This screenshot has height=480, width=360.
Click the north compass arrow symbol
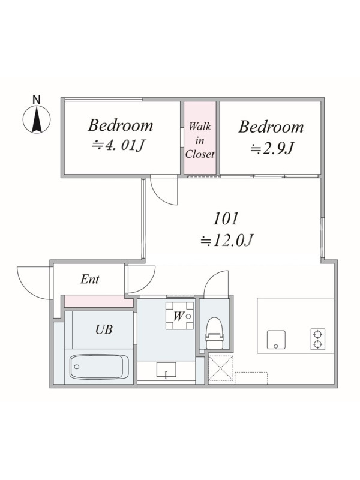coord(37,119)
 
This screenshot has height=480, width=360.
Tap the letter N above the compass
coord(37,100)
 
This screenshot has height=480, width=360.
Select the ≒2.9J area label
coord(272,149)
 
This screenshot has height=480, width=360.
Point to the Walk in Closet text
coord(200,140)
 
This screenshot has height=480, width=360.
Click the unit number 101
coord(226,219)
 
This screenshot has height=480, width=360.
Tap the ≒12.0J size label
coord(227,241)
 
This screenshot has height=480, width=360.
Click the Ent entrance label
coord(89,279)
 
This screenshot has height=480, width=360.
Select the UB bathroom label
coord(104,329)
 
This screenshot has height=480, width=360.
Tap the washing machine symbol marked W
coord(179,316)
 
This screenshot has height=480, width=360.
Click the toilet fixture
coord(214,333)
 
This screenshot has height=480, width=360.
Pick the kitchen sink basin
coord(276,340)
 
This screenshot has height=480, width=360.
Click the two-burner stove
coord(318,339)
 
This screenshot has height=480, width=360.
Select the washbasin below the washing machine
coord(166,370)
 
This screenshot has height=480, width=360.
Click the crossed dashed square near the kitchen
coord(221,368)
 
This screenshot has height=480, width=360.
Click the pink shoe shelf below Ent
coord(99,301)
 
